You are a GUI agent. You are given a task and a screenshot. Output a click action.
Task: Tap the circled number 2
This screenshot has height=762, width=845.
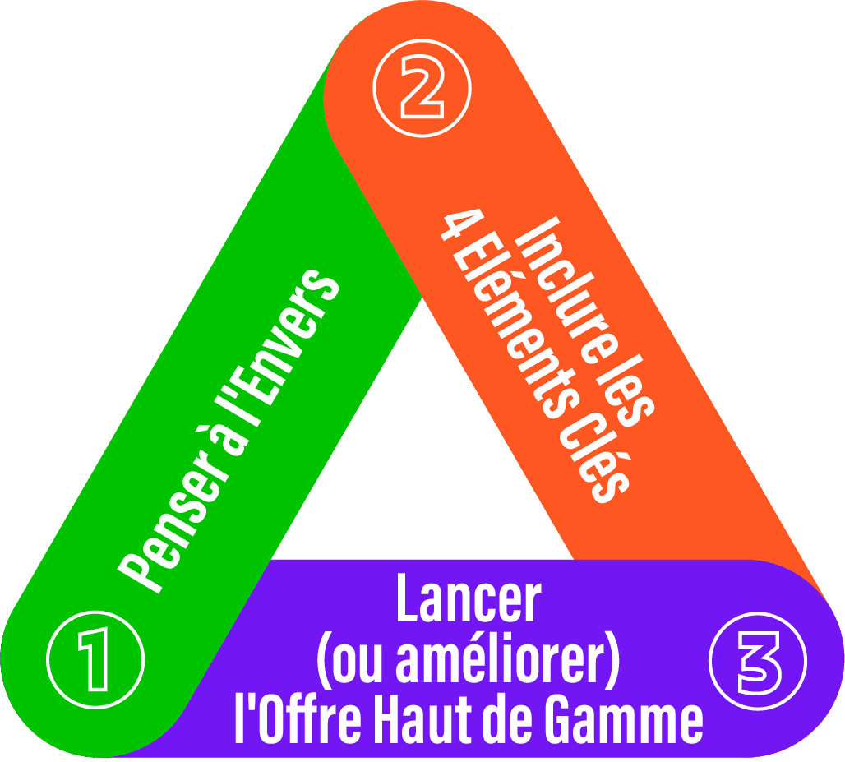click(422, 88)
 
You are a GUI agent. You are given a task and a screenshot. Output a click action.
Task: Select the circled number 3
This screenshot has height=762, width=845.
click(757, 658)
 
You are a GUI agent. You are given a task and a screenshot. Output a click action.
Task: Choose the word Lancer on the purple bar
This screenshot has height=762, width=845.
click(469, 599)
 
